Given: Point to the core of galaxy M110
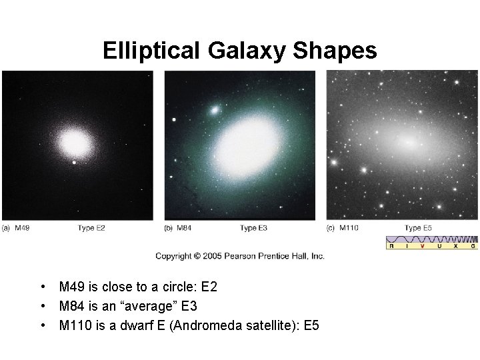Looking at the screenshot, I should click(x=407, y=142).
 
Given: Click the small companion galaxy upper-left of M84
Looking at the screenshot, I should click(x=215, y=109).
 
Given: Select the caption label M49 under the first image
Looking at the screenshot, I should click(x=21, y=229).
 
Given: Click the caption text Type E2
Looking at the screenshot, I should click(x=91, y=229).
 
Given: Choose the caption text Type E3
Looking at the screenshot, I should click(x=254, y=229).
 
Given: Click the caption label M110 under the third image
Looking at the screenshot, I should click(x=349, y=229).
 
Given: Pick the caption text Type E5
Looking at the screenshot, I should click(x=418, y=229).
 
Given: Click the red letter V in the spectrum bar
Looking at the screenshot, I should click(x=422, y=246).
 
